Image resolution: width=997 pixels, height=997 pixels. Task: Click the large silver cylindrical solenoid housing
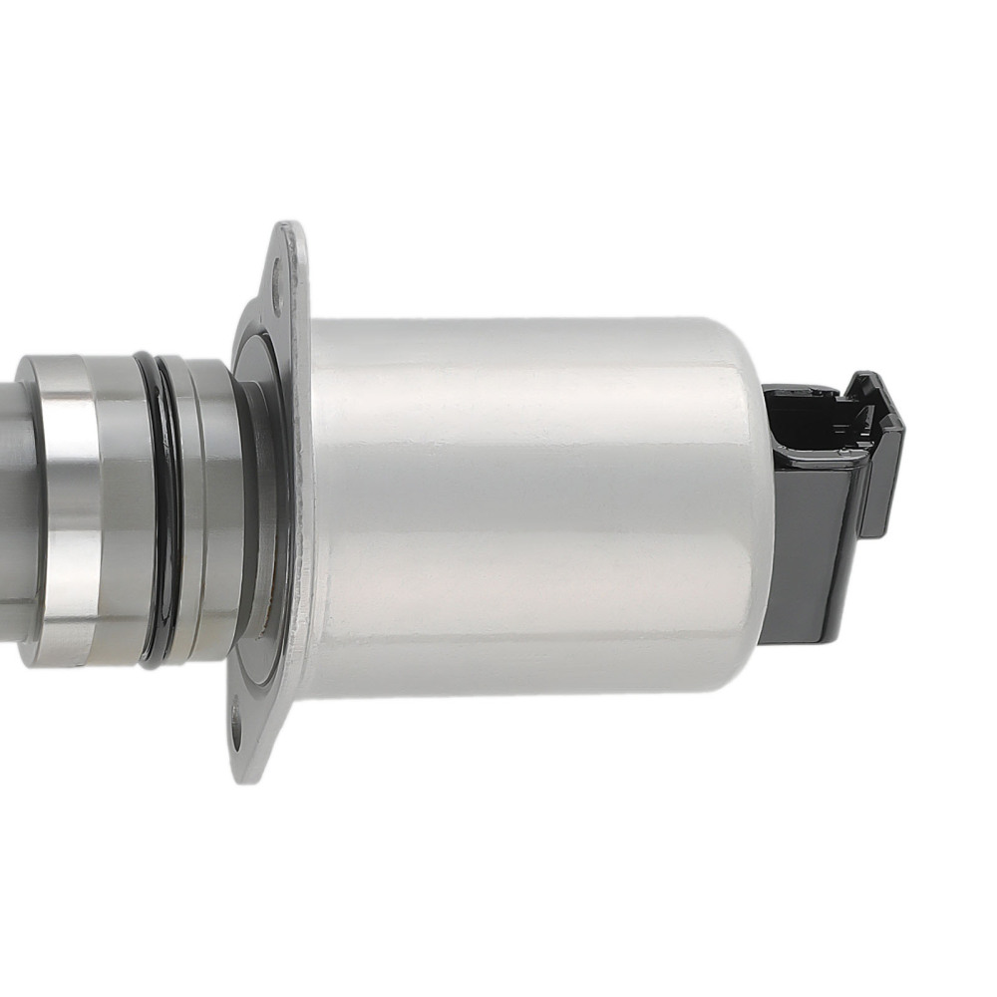point(528,508)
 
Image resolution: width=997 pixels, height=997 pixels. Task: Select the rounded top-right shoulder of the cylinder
point(743,344)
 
